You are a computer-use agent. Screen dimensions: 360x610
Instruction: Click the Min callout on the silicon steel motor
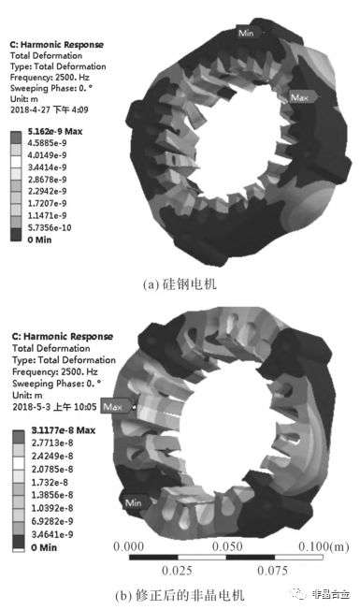pyautogui.click(x=246, y=33)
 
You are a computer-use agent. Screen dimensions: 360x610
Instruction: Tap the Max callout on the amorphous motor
pyautogui.click(x=115, y=407)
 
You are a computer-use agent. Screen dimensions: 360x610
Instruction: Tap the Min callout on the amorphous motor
pyautogui.click(x=135, y=502)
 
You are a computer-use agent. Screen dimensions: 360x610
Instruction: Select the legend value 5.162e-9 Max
pyautogui.click(x=55, y=132)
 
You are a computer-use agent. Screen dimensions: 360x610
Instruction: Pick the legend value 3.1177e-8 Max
pyautogui.click(x=63, y=429)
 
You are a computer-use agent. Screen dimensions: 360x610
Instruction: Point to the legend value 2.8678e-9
pyautogui.click(x=47, y=180)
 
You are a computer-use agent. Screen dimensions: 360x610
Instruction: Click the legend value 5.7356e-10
pyautogui.click(x=49, y=227)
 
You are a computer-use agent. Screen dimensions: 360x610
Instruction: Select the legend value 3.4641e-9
pyautogui.click(x=51, y=534)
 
